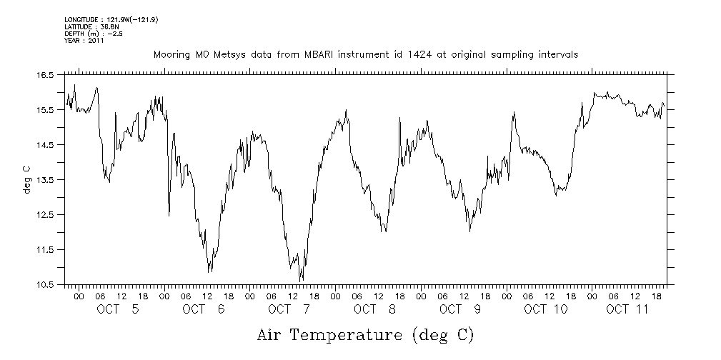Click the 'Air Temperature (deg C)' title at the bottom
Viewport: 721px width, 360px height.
point(365,334)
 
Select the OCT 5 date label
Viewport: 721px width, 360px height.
point(117,309)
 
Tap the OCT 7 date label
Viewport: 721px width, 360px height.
point(289,309)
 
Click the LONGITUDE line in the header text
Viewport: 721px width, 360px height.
point(111,19)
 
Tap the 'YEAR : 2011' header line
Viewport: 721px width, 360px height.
point(84,40)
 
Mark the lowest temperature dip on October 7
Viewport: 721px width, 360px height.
point(301,280)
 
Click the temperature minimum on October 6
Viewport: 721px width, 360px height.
point(209,272)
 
